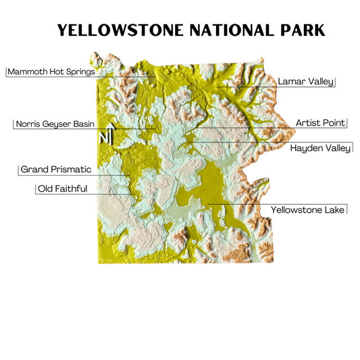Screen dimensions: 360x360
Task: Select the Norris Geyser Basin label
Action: click(x=55, y=124)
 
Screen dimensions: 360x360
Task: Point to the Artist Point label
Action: click(x=320, y=123)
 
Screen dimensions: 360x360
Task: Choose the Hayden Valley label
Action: click(x=320, y=147)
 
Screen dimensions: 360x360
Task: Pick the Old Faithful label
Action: click(x=62, y=188)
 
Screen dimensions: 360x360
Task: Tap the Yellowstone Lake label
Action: click(x=308, y=210)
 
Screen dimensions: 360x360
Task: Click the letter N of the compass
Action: click(x=103, y=138)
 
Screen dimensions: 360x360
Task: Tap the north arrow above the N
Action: click(x=109, y=128)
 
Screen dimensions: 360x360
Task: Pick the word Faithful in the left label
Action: click(x=72, y=188)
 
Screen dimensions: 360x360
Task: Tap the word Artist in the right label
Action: click(x=309, y=123)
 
